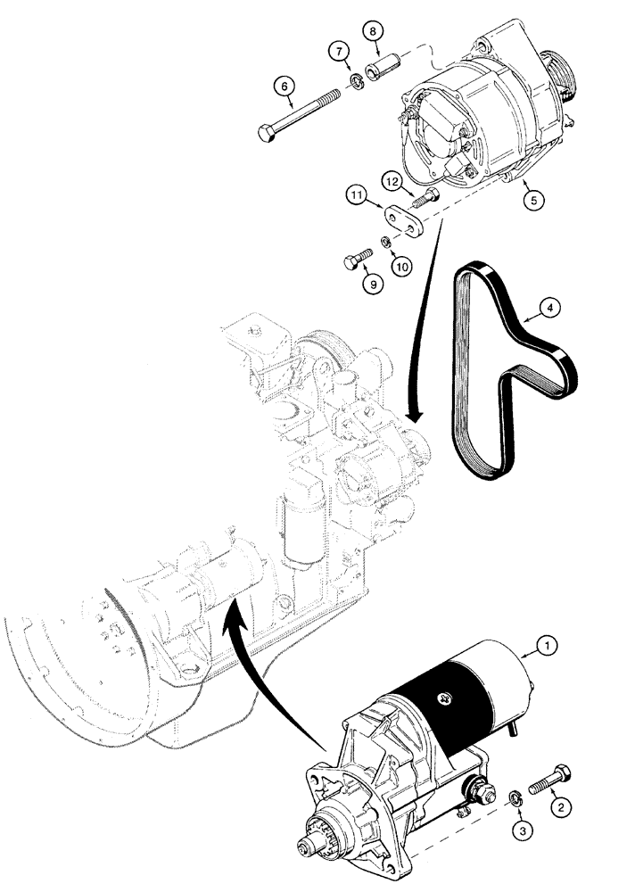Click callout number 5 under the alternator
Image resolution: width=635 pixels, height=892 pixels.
(x=533, y=201)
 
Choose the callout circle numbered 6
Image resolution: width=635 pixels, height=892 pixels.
(x=284, y=87)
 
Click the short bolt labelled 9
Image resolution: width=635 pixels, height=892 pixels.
(x=355, y=260)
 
